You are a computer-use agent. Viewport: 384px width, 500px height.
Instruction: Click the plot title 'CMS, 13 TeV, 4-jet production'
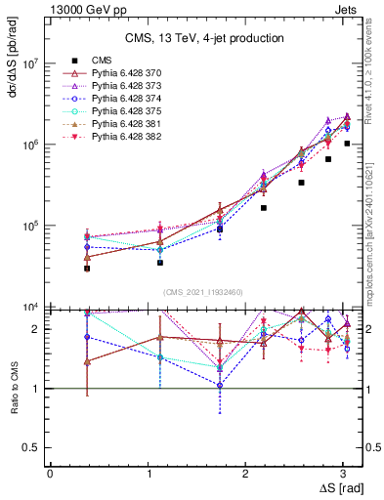coord(204,38)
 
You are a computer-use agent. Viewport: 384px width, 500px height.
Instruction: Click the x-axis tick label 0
coord(50,474)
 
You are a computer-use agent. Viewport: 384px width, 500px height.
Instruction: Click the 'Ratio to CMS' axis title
coord(13,389)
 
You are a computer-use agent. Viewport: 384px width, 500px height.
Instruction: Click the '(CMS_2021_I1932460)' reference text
coord(204,292)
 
